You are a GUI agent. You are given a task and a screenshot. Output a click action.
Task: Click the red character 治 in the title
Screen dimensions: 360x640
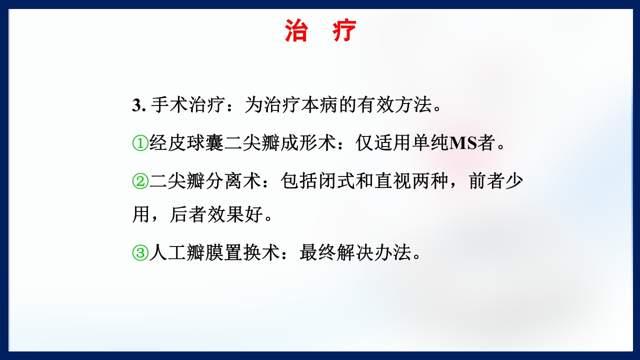(296, 31)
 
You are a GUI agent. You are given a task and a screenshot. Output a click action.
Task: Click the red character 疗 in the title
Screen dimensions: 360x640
(344, 31)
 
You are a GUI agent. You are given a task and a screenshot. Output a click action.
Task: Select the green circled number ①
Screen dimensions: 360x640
(140, 144)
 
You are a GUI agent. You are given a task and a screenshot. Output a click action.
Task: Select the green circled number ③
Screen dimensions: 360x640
(140, 253)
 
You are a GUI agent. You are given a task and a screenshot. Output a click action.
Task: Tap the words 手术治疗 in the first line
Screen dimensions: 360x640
(188, 106)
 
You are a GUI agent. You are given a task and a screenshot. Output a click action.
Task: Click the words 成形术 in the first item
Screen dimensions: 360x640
(308, 144)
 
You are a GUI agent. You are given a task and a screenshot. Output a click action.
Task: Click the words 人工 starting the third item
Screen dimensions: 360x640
(167, 253)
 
